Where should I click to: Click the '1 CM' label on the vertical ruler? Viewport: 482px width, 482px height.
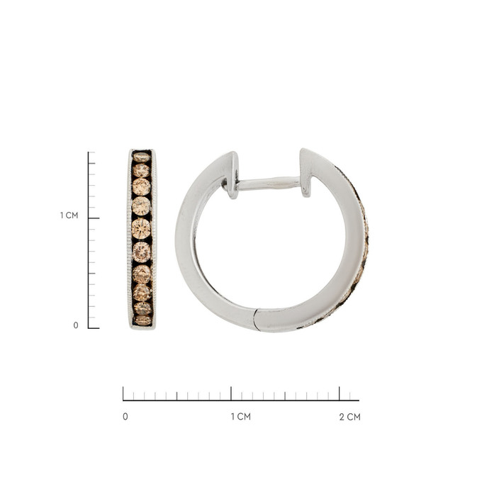[69, 215]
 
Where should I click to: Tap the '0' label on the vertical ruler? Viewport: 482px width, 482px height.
[76, 325]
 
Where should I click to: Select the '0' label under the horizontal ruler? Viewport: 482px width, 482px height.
[125, 417]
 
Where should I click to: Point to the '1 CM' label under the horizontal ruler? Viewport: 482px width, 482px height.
[241, 417]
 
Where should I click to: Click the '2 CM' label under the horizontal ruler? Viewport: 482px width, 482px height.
[350, 417]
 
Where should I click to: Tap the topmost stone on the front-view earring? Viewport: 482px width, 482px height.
[141, 157]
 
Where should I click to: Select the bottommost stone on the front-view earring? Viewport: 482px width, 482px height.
[142, 320]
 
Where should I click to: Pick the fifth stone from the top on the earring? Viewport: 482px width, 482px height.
[141, 229]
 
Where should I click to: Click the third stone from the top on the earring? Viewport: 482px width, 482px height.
[142, 186]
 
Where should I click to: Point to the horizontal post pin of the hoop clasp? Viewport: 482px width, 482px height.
[267, 183]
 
